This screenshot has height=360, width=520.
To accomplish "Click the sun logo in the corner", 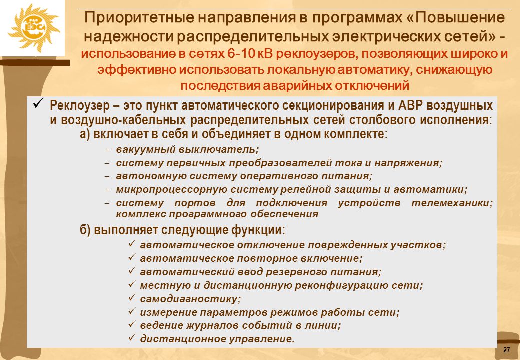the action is [x=34, y=28].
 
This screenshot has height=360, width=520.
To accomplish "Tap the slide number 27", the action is [x=506, y=350].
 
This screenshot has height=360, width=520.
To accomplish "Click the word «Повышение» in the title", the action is [x=460, y=17].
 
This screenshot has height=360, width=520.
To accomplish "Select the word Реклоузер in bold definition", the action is [x=80, y=105].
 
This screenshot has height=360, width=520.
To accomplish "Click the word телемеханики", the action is [x=452, y=203].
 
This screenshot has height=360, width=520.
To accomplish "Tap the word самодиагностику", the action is [x=190, y=299].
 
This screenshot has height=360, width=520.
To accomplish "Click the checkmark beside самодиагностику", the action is [x=132, y=298].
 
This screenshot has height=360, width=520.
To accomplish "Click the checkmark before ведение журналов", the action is [x=132, y=324].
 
